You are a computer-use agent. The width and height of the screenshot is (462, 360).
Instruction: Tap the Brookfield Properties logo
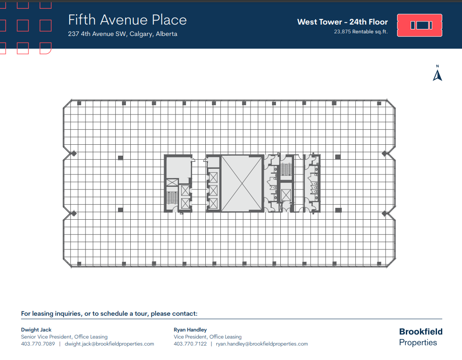420,337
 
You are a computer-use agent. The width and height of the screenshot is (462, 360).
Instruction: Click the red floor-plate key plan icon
419,25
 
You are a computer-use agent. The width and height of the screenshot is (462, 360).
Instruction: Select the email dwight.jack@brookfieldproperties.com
109,344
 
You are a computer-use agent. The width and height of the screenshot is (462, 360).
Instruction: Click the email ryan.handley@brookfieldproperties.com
262,344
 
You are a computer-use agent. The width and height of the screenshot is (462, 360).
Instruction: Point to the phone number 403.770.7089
38,344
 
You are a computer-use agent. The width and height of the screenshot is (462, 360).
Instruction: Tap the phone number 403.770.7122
190,344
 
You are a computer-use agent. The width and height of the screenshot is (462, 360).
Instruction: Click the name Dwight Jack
36,329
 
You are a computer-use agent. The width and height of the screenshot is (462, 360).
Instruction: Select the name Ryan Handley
190,329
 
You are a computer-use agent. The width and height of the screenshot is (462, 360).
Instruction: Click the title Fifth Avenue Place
127,20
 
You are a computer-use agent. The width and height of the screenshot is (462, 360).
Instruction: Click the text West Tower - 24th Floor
342,22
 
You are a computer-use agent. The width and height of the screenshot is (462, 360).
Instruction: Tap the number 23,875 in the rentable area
343,32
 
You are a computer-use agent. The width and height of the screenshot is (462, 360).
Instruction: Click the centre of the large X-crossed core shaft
242,183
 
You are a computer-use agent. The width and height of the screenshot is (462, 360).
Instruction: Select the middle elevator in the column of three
213,190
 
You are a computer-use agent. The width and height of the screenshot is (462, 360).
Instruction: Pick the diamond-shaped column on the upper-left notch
74,153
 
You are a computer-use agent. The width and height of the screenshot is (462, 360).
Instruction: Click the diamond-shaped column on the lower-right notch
384,214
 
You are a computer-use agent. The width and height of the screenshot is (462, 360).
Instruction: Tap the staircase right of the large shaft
286,169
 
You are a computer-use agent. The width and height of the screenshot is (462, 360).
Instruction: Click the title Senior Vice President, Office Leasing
64,337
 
